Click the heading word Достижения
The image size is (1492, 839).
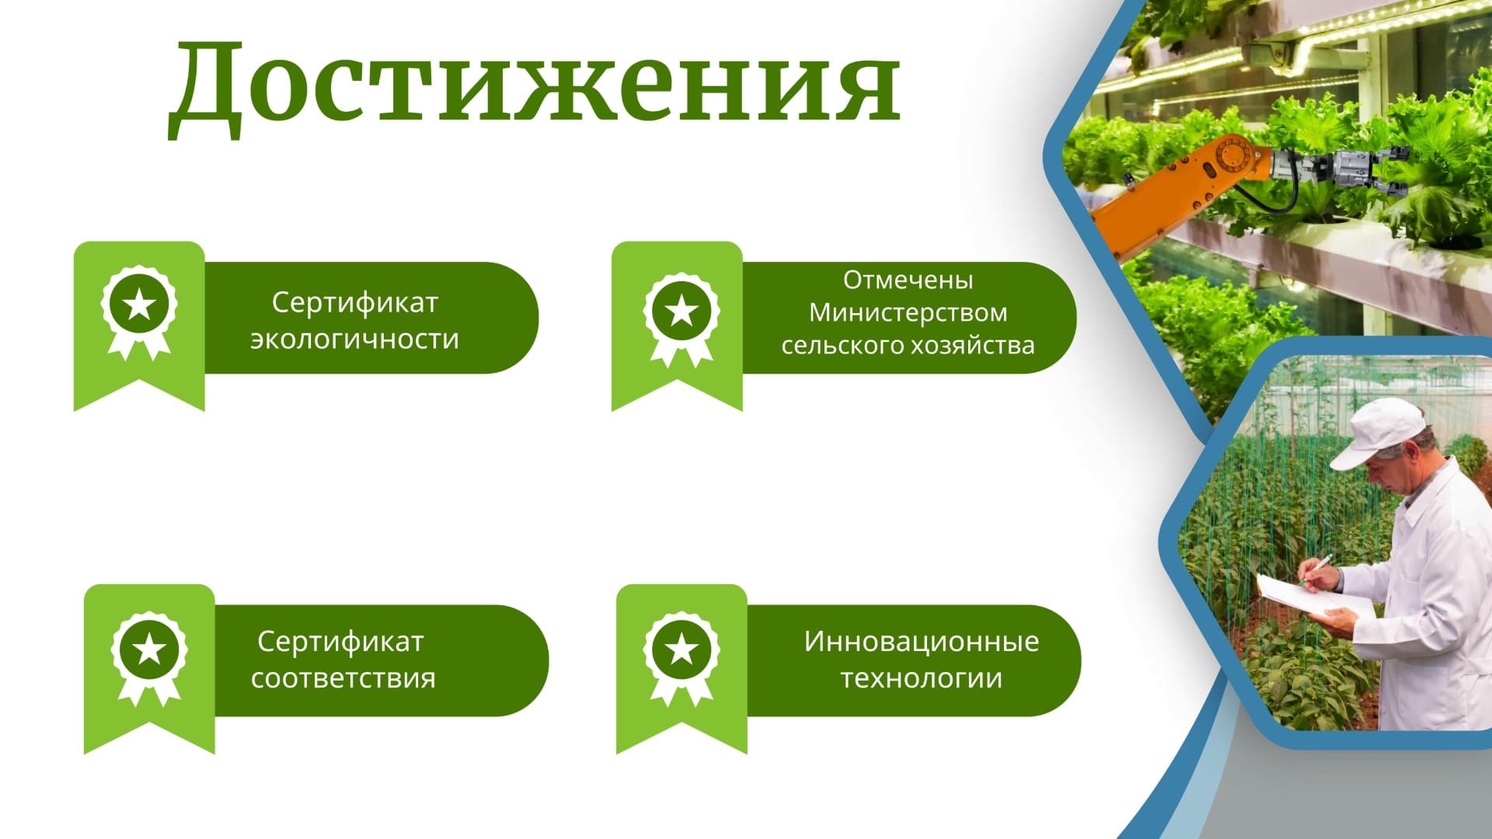(535, 87)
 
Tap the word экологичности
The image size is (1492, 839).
(354, 339)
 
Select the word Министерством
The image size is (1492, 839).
(908, 312)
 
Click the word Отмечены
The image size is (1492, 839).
(908, 280)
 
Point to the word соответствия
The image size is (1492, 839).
(343, 678)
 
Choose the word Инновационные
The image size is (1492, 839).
(922, 642)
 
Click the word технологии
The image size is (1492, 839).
(922, 678)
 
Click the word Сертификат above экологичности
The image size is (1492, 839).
(355, 303)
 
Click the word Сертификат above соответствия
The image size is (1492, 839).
(340, 642)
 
